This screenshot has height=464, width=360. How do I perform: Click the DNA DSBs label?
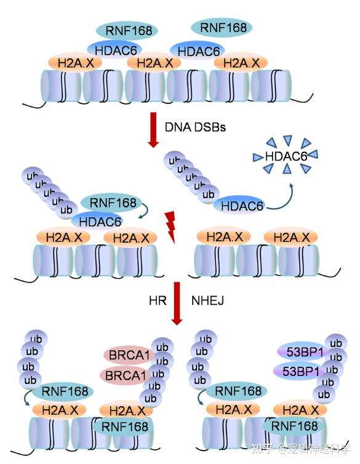tap(195, 127)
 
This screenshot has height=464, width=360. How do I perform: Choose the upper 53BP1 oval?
tap(302, 353)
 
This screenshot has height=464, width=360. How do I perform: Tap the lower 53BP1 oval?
tap(302, 370)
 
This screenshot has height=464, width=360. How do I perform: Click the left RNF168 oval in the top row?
tap(127, 31)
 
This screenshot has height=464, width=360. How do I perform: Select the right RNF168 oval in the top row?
tap(223, 28)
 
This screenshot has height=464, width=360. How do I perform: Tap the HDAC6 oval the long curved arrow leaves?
tap(242, 206)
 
